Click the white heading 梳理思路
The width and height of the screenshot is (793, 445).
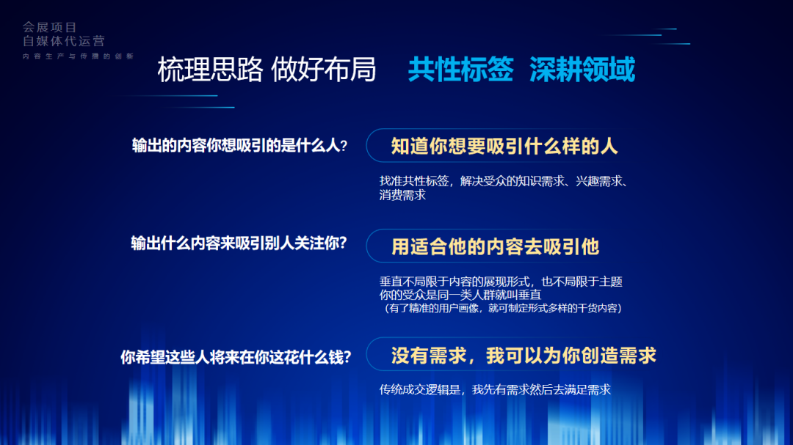point(210,69)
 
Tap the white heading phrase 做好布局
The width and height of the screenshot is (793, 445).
point(324,69)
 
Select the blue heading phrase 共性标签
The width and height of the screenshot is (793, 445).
point(460,69)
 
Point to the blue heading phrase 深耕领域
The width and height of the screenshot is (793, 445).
point(582,69)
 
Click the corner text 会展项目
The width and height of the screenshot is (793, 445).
point(50,27)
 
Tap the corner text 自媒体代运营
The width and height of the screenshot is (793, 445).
point(64,41)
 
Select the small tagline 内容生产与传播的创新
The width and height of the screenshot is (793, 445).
point(78,56)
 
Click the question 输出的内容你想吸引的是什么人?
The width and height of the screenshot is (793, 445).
point(239,145)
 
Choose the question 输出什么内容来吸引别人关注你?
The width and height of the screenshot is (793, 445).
point(239,243)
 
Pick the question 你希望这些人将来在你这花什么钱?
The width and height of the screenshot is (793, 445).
point(236,357)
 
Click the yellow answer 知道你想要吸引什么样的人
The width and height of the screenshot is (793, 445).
point(504,146)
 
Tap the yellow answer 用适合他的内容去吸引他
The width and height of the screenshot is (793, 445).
point(495,246)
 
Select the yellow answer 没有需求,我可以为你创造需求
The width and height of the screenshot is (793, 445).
point(524,356)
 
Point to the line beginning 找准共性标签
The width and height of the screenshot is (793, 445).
point(504,181)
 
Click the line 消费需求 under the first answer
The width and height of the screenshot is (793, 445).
point(402,195)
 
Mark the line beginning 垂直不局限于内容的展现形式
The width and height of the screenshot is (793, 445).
point(501,282)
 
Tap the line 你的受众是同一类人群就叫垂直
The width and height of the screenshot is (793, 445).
point(460,295)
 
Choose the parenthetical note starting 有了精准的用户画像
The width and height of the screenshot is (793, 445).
point(501,308)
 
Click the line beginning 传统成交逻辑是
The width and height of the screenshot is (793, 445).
point(495,389)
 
